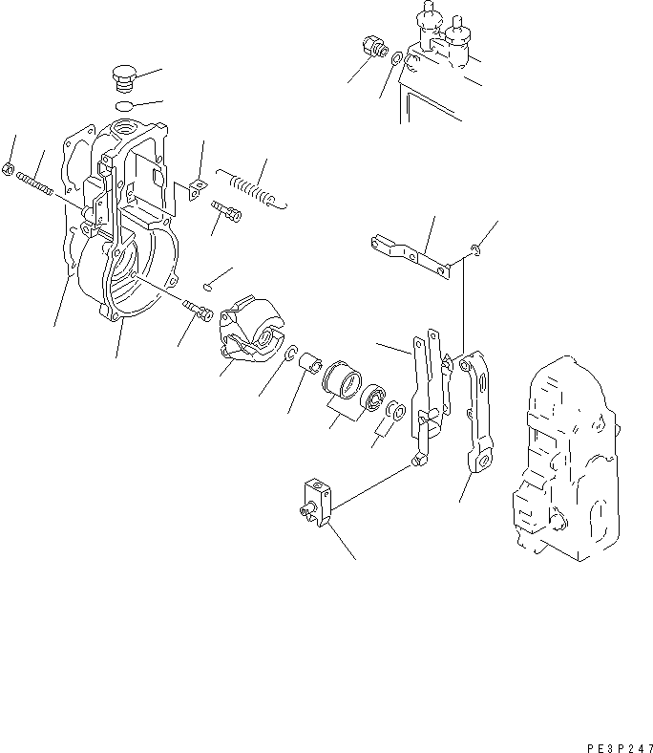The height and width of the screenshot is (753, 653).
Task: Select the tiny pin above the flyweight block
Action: tap(208, 284)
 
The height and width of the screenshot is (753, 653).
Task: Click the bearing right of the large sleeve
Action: tap(373, 394)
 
